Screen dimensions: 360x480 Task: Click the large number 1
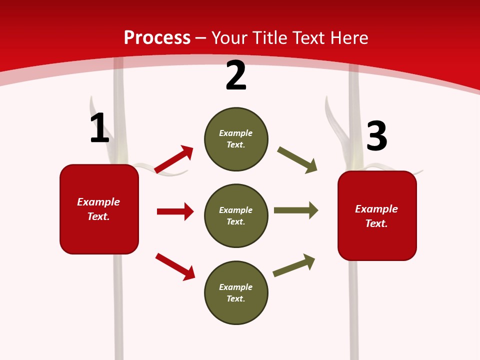coord(99,128)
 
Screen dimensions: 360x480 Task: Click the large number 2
coord(236,75)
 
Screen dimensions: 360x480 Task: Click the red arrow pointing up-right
coord(174,159)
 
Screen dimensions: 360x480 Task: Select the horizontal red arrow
coord(175,211)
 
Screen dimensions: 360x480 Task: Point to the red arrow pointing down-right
coord(175,266)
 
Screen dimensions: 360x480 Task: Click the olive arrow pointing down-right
coord(297,160)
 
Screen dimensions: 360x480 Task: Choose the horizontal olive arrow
coord(296,210)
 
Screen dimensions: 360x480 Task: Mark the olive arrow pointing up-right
coord(294,265)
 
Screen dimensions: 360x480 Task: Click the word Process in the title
coord(157,37)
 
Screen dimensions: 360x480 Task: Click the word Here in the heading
coord(348,37)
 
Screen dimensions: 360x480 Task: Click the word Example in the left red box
coord(98,202)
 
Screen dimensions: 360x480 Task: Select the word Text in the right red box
coord(376,223)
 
